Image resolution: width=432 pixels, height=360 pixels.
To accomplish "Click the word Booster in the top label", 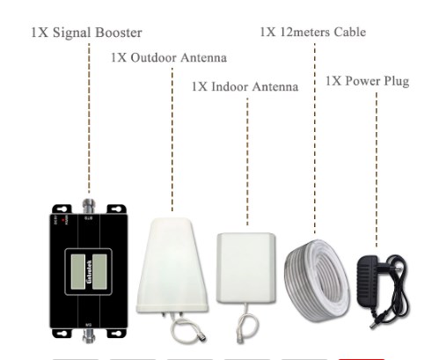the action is (x=119, y=33).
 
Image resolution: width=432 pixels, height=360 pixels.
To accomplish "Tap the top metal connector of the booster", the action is (x=89, y=206).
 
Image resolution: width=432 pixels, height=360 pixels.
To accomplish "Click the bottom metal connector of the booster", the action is (x=89, y=335).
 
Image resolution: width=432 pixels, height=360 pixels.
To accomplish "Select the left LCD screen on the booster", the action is (x=77, y=271).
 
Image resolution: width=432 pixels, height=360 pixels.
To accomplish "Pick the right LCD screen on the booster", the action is (x=99, y=271).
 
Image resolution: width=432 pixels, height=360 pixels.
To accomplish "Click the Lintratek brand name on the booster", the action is (x=89, y=272).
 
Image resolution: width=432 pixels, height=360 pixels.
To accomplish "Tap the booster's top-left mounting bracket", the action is (x=62, y=209).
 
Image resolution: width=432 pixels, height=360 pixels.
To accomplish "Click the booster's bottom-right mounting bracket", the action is (x=116, y=333).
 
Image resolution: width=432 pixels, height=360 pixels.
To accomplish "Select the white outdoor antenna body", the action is (x=172, y=266).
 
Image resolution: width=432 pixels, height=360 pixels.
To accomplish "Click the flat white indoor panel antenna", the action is (x=245, y=268).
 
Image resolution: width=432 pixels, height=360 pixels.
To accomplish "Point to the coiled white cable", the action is (x=317, y=280).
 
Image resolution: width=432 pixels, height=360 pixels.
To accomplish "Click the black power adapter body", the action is (x=368, y=282).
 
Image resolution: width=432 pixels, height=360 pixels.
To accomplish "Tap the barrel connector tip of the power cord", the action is (x=372, y=325).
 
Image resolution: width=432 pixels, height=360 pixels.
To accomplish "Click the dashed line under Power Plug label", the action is (x=377, y=170).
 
